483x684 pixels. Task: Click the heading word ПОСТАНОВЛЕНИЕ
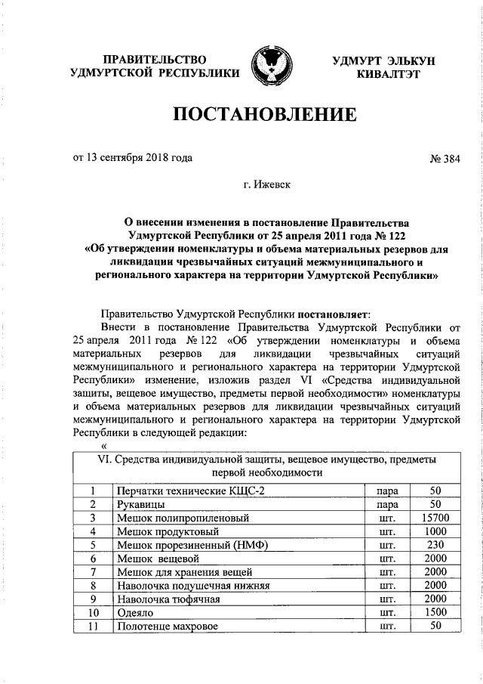[x=265, y=116]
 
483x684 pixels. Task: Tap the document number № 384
[x=443, y=158]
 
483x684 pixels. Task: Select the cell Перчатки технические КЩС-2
[x=190, y=491]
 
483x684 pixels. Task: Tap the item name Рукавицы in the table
[x=141, y=504]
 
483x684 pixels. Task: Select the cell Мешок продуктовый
[x=161, y=531]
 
